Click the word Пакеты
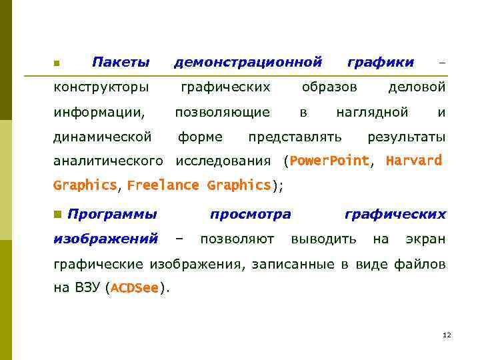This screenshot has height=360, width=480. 121,63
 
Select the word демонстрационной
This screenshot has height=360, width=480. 248,63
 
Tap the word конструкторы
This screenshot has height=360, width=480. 101,87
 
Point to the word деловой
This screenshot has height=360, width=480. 417,87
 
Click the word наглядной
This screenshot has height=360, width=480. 372,112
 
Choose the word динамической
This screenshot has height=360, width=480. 103,137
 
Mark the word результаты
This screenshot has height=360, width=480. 407,137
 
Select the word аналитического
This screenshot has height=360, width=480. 108,161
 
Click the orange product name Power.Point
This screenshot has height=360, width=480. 329,161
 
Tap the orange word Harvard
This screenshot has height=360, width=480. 414,161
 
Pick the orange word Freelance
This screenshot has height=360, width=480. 163,185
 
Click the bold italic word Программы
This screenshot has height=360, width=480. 113,215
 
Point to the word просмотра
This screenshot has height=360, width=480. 250,215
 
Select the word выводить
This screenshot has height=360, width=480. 323,239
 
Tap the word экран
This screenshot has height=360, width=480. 425,239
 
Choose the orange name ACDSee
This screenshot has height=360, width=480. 135,288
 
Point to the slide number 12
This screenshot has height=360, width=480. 447,335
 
